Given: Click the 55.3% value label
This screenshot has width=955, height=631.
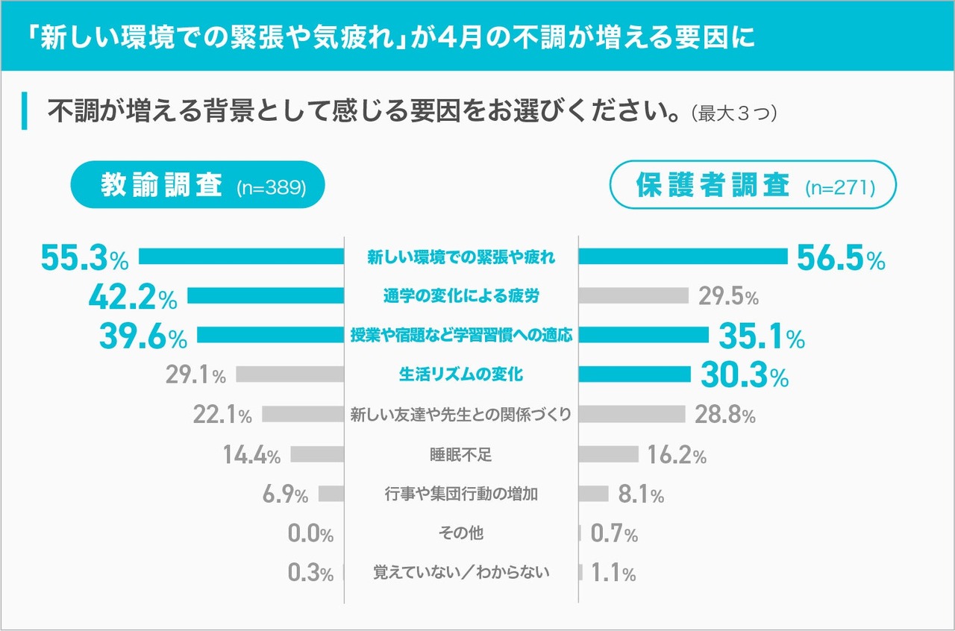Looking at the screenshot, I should (x=84, y=257).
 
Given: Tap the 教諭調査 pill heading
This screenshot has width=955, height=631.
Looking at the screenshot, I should (x=198, y=186).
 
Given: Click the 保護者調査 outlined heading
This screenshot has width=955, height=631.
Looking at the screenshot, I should (x=753, y=186).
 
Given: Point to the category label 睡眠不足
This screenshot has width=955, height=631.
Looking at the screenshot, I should (x=460, y=454).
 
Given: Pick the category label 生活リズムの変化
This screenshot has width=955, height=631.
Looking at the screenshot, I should (x=460, y=374).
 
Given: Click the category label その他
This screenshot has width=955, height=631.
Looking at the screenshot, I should (x=460, y=533).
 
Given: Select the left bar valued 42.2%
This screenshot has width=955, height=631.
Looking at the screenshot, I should (x=265, y=296).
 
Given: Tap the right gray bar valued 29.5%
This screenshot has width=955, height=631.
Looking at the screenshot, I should (x=633, y=296).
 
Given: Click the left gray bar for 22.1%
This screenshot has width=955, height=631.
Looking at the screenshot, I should (x=303, y=414).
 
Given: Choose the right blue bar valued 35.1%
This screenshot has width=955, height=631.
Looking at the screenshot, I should (x=643, y=336).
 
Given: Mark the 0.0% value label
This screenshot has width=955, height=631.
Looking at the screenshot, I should (x=310, y=534).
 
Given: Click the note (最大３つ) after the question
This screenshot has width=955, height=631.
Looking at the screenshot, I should (x=734, y=114).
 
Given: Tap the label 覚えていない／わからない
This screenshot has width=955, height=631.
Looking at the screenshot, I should (x=460, y=573).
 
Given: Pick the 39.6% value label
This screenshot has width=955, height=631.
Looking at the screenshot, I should (x=143, y=336).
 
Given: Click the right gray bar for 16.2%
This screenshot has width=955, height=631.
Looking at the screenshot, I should (x=609, y=453).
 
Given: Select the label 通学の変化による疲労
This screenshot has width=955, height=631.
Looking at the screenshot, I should (x=460, y=296).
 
